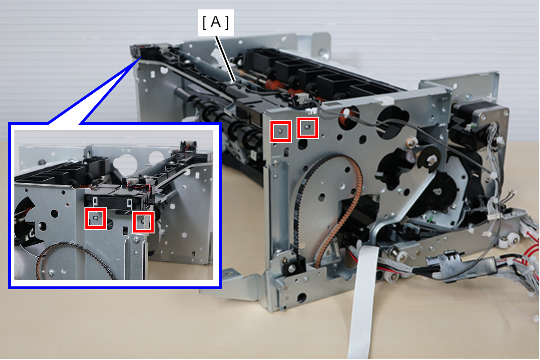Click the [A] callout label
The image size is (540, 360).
pos(216,22)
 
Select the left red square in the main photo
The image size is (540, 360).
pos(281,132)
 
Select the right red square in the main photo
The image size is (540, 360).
pos(308,128)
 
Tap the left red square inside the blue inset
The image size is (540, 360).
pos(96,219)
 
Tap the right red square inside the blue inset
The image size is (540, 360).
pos(143,222)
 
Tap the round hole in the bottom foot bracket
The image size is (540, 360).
pos(301,298)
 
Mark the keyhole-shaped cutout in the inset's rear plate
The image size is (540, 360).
pos(125,164)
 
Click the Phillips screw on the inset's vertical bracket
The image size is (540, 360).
pos(136,240)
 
